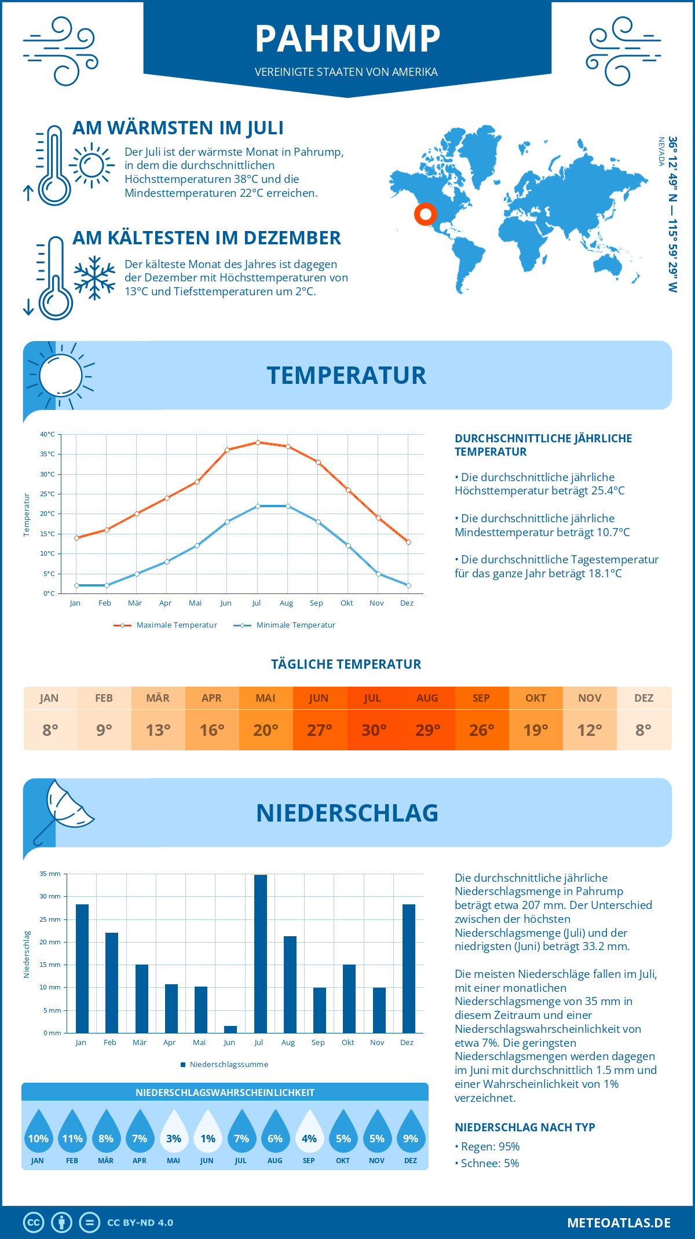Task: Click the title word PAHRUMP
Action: tap(348, 39)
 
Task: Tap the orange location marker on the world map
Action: tap(425, 214)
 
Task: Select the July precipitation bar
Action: tap(260, 954)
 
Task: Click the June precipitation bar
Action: tap(231, 1029)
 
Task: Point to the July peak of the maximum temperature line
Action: tap(258, 442)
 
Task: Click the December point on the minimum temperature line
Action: tap(408, 585)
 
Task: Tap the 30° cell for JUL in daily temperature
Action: tap(374, 730)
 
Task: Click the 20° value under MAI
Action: tap(266, 730)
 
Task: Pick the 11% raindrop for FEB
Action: tap(72, 1133)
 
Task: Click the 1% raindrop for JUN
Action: tap(207, 1133)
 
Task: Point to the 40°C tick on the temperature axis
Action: tap(47, 434)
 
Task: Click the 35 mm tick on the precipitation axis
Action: tap(50, 874)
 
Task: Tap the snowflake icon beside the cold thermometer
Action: tap(94, 278)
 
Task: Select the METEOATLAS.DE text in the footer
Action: tap(619, 1223)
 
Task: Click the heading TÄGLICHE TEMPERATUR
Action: tap(346, 664)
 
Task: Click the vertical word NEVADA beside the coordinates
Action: tap(661, 152)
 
